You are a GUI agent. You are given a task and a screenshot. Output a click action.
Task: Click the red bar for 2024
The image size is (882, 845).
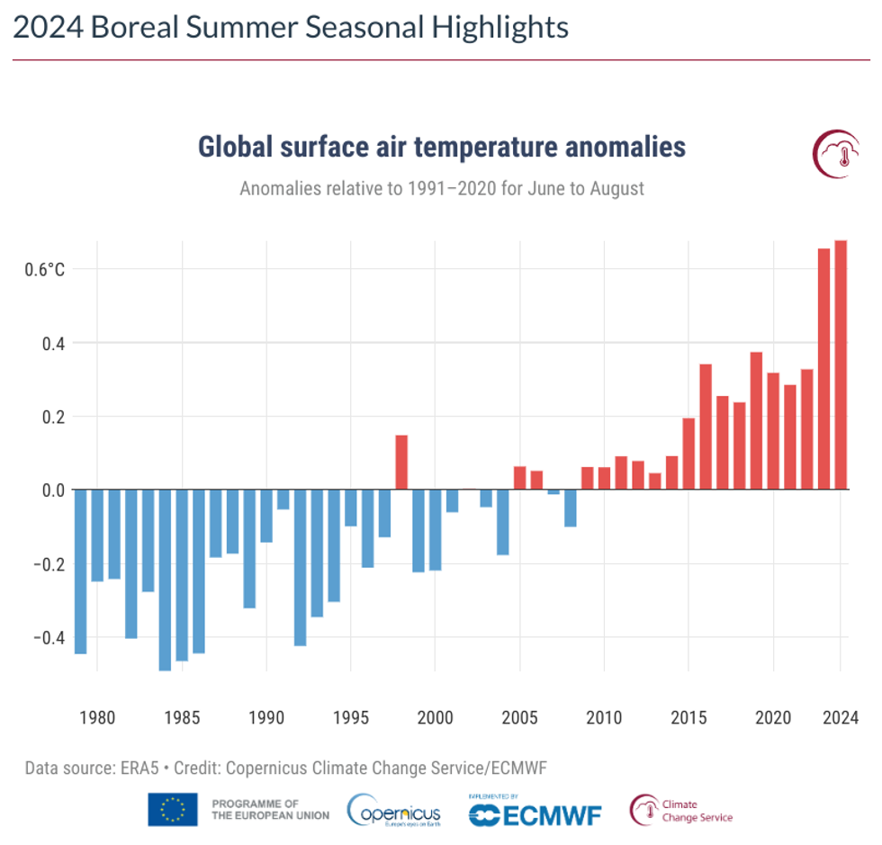click(840, 364)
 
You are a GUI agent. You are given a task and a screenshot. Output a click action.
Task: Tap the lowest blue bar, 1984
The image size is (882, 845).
click(165, 580)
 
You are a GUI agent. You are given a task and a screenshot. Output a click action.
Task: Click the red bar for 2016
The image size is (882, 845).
click(706, 427)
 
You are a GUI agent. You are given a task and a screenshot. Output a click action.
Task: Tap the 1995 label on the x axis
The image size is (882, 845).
click(351, 717)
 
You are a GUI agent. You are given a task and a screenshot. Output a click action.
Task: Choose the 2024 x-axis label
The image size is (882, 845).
click(840, 717)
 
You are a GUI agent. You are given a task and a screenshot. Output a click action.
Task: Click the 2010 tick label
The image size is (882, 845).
click(604, 717)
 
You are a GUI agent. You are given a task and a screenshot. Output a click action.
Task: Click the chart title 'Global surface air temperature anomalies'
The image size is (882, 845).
click(441, 147)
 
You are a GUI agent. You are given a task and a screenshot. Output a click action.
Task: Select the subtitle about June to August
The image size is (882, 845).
click(441, 189)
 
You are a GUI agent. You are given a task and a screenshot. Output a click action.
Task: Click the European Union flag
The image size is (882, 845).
click(173, 810)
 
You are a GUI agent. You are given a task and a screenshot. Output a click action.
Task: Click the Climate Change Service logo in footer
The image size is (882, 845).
click(681, 810)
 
